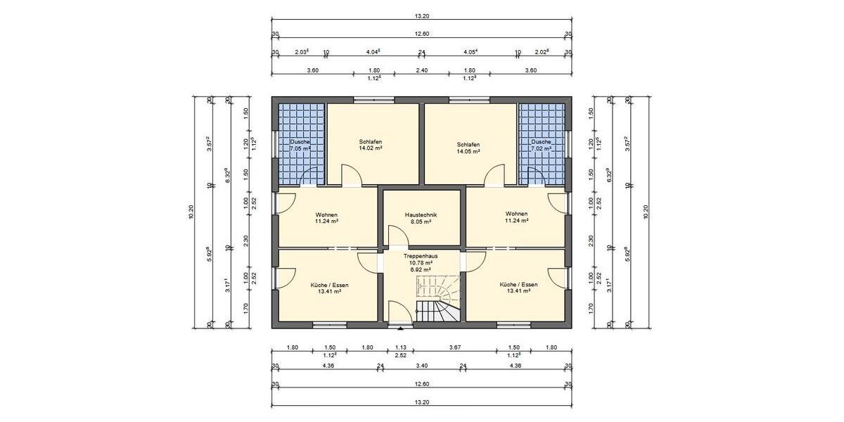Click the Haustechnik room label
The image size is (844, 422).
[422, 214]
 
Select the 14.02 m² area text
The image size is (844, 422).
[370, 149]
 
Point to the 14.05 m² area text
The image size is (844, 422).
[468, 151]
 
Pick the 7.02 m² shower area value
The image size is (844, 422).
[542, 149]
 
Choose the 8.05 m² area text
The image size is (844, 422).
[422, 221]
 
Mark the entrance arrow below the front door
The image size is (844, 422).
[401, 327]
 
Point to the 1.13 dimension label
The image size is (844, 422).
[401, 347]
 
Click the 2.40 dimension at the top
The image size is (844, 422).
[422, 70]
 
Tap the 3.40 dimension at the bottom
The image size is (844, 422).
[422, 366]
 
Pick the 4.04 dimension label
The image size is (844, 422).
[373, 51]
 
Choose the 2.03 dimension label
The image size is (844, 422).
[302, 51]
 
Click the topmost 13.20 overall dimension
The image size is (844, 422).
[422, 15]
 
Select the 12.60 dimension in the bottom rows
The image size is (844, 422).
[422, 384]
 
